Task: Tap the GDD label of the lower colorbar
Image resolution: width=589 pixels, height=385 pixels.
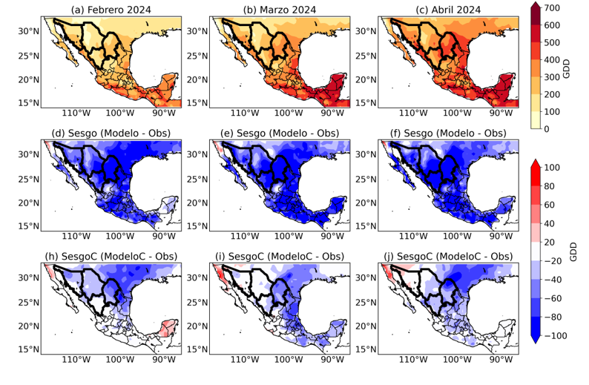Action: click(x=579, y=252)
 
